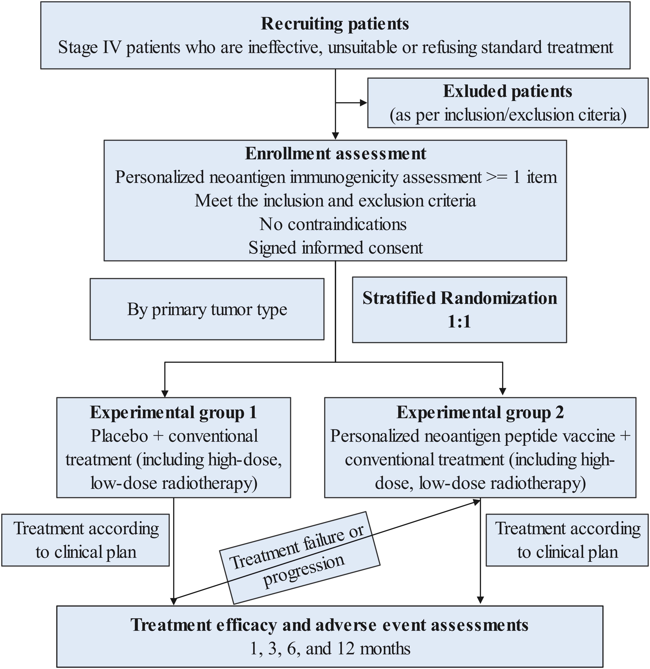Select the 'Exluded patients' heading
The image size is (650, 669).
pos(507,92)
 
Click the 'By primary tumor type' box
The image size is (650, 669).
pos(207,309)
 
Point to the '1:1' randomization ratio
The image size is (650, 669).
pos(459,322)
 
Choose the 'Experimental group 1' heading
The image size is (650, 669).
pos(173,413)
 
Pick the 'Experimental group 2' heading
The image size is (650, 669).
pos(480,413)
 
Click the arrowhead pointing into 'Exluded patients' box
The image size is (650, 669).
pos(364,103)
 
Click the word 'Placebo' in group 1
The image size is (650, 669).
pos(119,436)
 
